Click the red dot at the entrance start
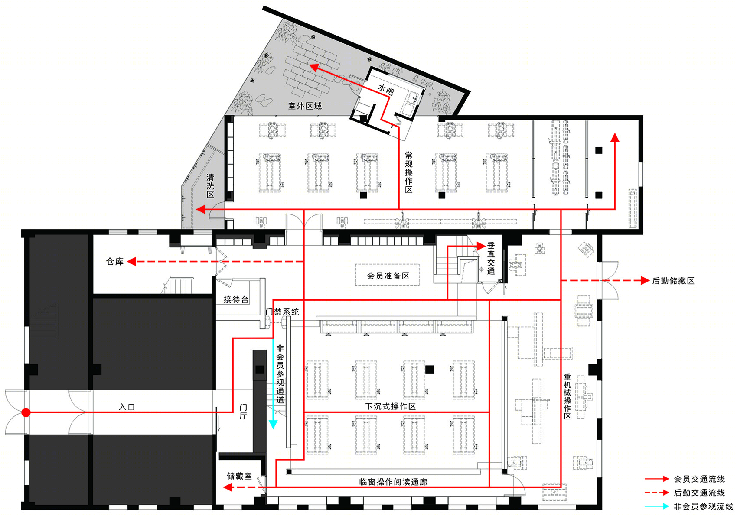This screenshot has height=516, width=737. tap(26, 412)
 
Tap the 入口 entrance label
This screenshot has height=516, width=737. tap(127, 407)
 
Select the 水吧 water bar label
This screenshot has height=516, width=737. tap(385, 89)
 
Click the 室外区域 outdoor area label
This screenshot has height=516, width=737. tap(305, 106)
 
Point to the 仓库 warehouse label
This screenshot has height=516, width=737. tap(114, 261)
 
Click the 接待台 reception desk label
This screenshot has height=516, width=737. tap(236, 299)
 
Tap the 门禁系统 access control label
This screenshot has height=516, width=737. tap(282, 312)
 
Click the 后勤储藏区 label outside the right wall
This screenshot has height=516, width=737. tap(673, 280)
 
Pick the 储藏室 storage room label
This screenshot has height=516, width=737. tap(239, 476)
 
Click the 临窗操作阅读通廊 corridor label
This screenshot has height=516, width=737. tap(393, 482)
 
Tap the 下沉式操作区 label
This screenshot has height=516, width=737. tap(391, 406)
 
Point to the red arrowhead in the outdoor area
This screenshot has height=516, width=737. tap(314, 68)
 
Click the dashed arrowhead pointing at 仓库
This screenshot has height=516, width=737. tap(132, 261)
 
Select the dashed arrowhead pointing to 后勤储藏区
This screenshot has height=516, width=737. tap(645, 280)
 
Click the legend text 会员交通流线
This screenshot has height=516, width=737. tap(699, 479)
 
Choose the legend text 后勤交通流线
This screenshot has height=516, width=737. tap(699, 492)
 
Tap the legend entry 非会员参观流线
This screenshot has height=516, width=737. tap(704, 506)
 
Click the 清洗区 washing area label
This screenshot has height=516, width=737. tap(210, 186)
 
